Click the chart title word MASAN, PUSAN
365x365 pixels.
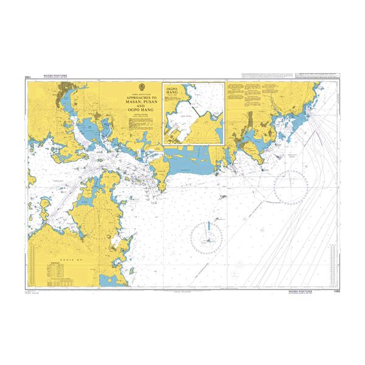click(x=141, y=102)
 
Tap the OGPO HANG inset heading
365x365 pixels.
click(x=174, y=91)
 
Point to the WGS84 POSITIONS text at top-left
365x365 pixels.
click(x=55, y=76)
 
